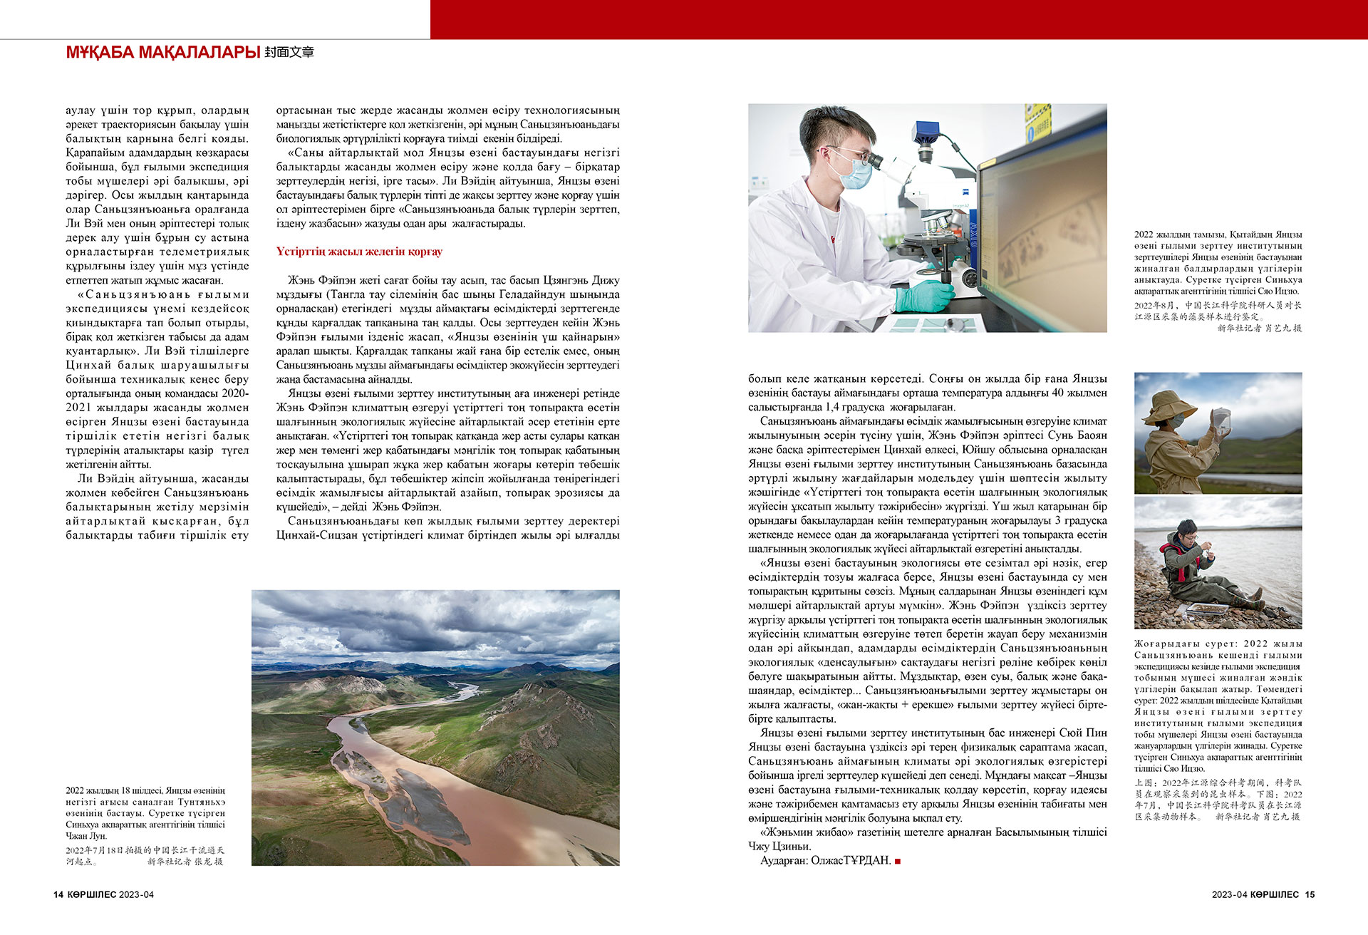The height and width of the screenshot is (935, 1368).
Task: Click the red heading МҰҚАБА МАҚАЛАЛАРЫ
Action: (162, 52)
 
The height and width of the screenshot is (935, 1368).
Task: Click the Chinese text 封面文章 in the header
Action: (289, 52)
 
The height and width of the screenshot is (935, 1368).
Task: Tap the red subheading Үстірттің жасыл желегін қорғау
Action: (359, 252)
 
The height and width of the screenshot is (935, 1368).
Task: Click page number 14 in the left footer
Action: (58, 894)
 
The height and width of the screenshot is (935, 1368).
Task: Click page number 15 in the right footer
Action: (1310, 894)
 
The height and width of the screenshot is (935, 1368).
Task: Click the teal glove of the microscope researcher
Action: (923, 294)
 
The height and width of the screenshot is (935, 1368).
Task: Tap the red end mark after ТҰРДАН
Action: (898, 861)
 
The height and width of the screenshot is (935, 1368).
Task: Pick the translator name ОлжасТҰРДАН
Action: (851, 860)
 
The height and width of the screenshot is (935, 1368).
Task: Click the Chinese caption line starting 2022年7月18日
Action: (145, 850)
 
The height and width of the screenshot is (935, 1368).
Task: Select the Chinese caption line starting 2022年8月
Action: (1218, 305)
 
